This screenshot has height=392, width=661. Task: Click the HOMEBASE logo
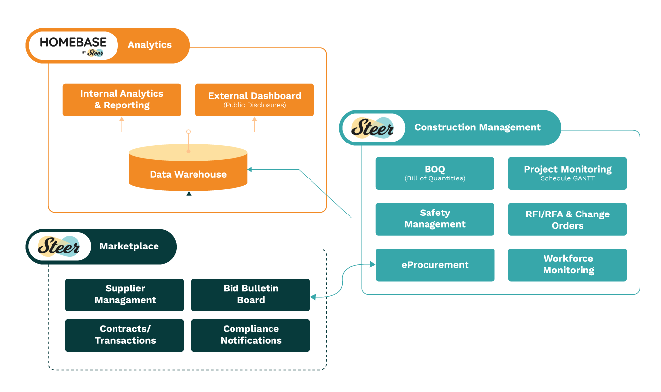click(x=73, y=45)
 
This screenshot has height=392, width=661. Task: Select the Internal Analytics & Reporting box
click(x=121, y=100)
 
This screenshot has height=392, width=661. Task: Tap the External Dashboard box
click(x=254, y=100)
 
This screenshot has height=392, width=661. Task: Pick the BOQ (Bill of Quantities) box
click(x=434, y=173)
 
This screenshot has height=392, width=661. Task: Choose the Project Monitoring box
click(x=567, y=173)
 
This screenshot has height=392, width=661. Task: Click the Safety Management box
click(x=434, y=219)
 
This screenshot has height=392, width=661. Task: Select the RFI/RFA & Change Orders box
click(x=567, y=219)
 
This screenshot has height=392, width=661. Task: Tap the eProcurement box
click(x=434, y=265)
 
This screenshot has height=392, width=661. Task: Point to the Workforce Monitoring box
click(x=567, y=265)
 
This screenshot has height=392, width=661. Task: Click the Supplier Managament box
click(x=124, y=294)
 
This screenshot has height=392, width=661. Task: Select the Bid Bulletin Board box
click(x=250, y=294)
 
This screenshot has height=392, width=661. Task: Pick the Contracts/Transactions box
click(x=124, y=335)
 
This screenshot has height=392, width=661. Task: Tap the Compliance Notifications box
click(x=250, y=335)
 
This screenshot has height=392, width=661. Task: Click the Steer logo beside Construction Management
click(x=373, y=128)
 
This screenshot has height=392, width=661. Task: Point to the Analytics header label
click(x=150, y=45)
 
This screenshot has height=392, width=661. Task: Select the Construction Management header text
click(x=477, y=127)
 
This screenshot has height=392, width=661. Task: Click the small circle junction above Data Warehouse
click(x=188, y=132)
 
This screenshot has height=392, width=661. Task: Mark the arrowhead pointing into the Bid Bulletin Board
click(x=312, y=297)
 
